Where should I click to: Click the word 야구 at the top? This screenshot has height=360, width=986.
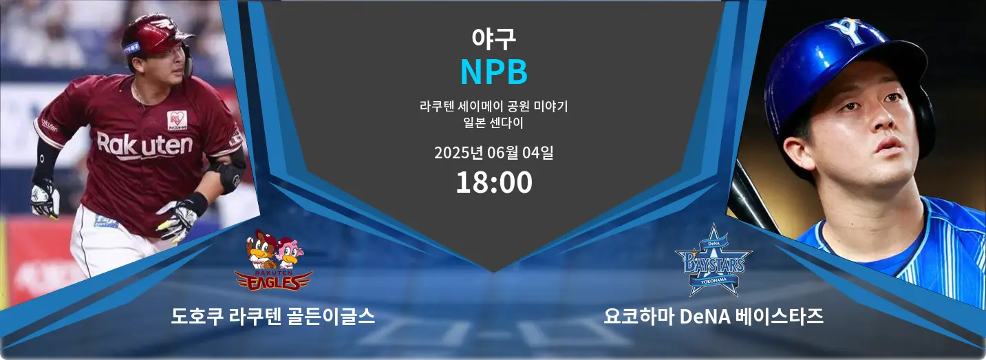point(493,39)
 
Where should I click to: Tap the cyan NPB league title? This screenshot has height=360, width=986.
point(494,72)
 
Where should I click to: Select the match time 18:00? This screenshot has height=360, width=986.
point(494,182)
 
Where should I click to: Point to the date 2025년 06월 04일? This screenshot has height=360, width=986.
point(494,152)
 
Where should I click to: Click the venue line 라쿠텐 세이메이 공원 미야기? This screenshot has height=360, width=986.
point(494,106)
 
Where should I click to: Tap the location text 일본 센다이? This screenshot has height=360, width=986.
point(493,123)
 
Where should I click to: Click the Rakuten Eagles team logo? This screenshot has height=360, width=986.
point(273,261)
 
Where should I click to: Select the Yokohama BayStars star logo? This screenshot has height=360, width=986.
point(714,261)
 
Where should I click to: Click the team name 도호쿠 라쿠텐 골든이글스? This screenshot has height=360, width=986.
point(273,316)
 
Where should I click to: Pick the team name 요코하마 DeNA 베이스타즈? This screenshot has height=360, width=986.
point(714,316)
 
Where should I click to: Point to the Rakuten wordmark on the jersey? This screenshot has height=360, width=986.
point(144,146)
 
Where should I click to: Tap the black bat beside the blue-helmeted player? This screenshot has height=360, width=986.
point(752,198)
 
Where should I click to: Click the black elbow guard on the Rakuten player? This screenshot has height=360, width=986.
point(230,174)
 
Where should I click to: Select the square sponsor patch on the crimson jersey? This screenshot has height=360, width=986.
point(177,120)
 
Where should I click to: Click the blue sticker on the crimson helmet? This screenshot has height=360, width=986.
point(131,47)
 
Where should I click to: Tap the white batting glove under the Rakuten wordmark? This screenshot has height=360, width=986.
point(178,220)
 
